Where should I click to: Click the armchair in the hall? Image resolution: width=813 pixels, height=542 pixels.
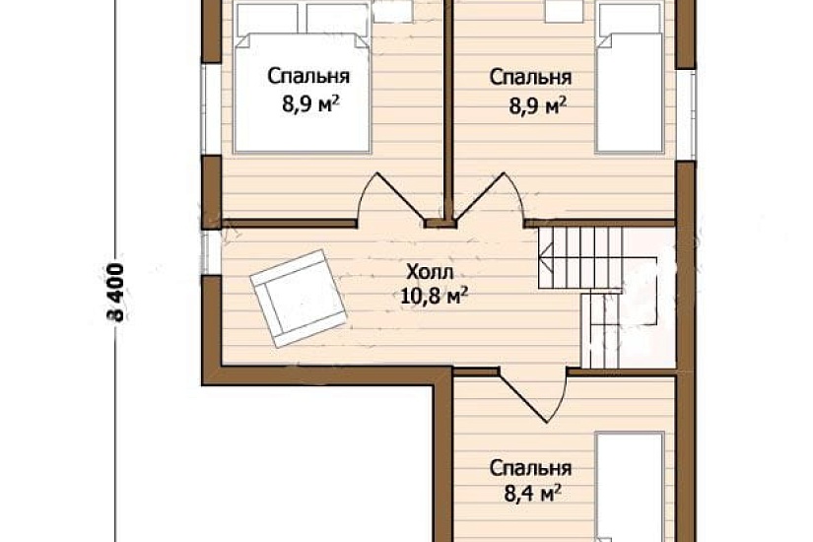[298, 299]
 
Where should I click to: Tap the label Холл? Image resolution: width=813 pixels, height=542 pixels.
[430, 271]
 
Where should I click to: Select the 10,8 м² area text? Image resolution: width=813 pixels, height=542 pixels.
[435, 297]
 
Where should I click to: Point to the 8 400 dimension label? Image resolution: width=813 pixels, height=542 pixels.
[116, 293]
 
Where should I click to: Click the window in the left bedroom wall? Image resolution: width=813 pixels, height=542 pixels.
[211, 109]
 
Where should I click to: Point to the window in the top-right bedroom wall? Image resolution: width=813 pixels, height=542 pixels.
[686, 114]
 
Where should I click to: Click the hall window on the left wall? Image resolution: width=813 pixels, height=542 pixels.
[211, 252]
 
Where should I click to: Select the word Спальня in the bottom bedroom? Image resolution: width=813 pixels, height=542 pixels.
[531, 468]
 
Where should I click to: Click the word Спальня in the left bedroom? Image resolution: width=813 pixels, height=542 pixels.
[308, 76]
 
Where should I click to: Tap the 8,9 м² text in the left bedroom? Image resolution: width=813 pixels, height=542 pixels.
[311, 104]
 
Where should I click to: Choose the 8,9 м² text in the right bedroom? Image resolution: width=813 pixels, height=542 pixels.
[537, 105]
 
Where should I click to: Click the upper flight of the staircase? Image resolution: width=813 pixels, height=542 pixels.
[580, 258]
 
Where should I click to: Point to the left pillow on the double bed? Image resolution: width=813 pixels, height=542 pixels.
[267, 20]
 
